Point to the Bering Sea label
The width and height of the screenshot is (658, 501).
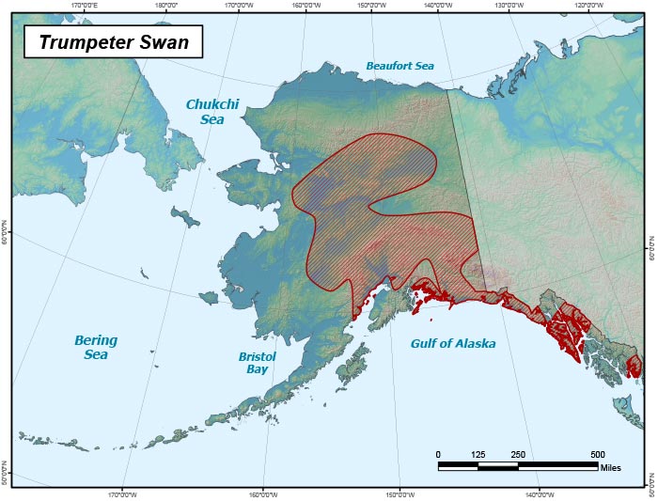pyautogui.click(x=95, y=347)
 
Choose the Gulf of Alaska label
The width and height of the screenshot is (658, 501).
pyautogui.click(x=452, y=344)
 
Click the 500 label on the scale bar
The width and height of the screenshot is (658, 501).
pyautogui.click(x=597, y=454)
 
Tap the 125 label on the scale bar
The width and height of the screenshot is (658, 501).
pyautogui.click(x=478, y=454)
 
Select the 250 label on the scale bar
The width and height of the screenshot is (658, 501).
pyautogui.click(x=517, y=454)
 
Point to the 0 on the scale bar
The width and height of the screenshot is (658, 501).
pyautogui.click(x=438, y=454)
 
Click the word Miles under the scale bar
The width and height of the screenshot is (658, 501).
pyautogui.click(x=610, y=468)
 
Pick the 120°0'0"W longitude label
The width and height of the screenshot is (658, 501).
pyautogui.click(x=587, y=5)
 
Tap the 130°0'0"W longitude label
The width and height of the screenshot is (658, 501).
pyautogui.click(x=509, y=5)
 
